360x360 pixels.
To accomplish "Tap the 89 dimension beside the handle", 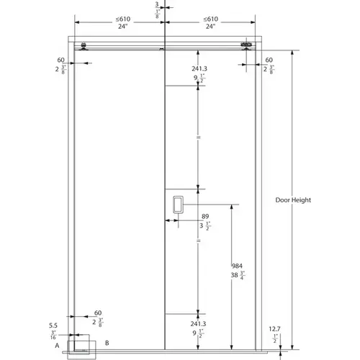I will pos(205,215).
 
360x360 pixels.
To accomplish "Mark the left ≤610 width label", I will pos(124,19).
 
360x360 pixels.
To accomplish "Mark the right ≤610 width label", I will pos(211,19).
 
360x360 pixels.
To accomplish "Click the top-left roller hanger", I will pos(86,48).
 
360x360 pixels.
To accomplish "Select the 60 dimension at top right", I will pos(269,60).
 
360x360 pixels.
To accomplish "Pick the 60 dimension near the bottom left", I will pos(99,312).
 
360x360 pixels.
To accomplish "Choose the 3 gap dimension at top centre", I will pos(158,4).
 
